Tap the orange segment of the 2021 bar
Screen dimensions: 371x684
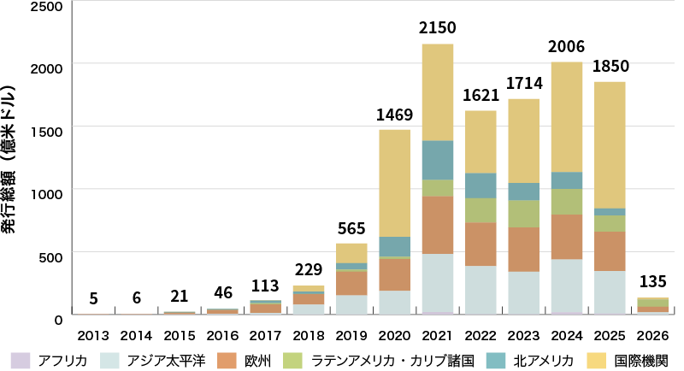[x=437, y=225]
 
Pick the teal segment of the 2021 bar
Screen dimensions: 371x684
[x=437, y=160]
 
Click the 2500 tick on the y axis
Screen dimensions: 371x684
[x=48, y=6]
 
